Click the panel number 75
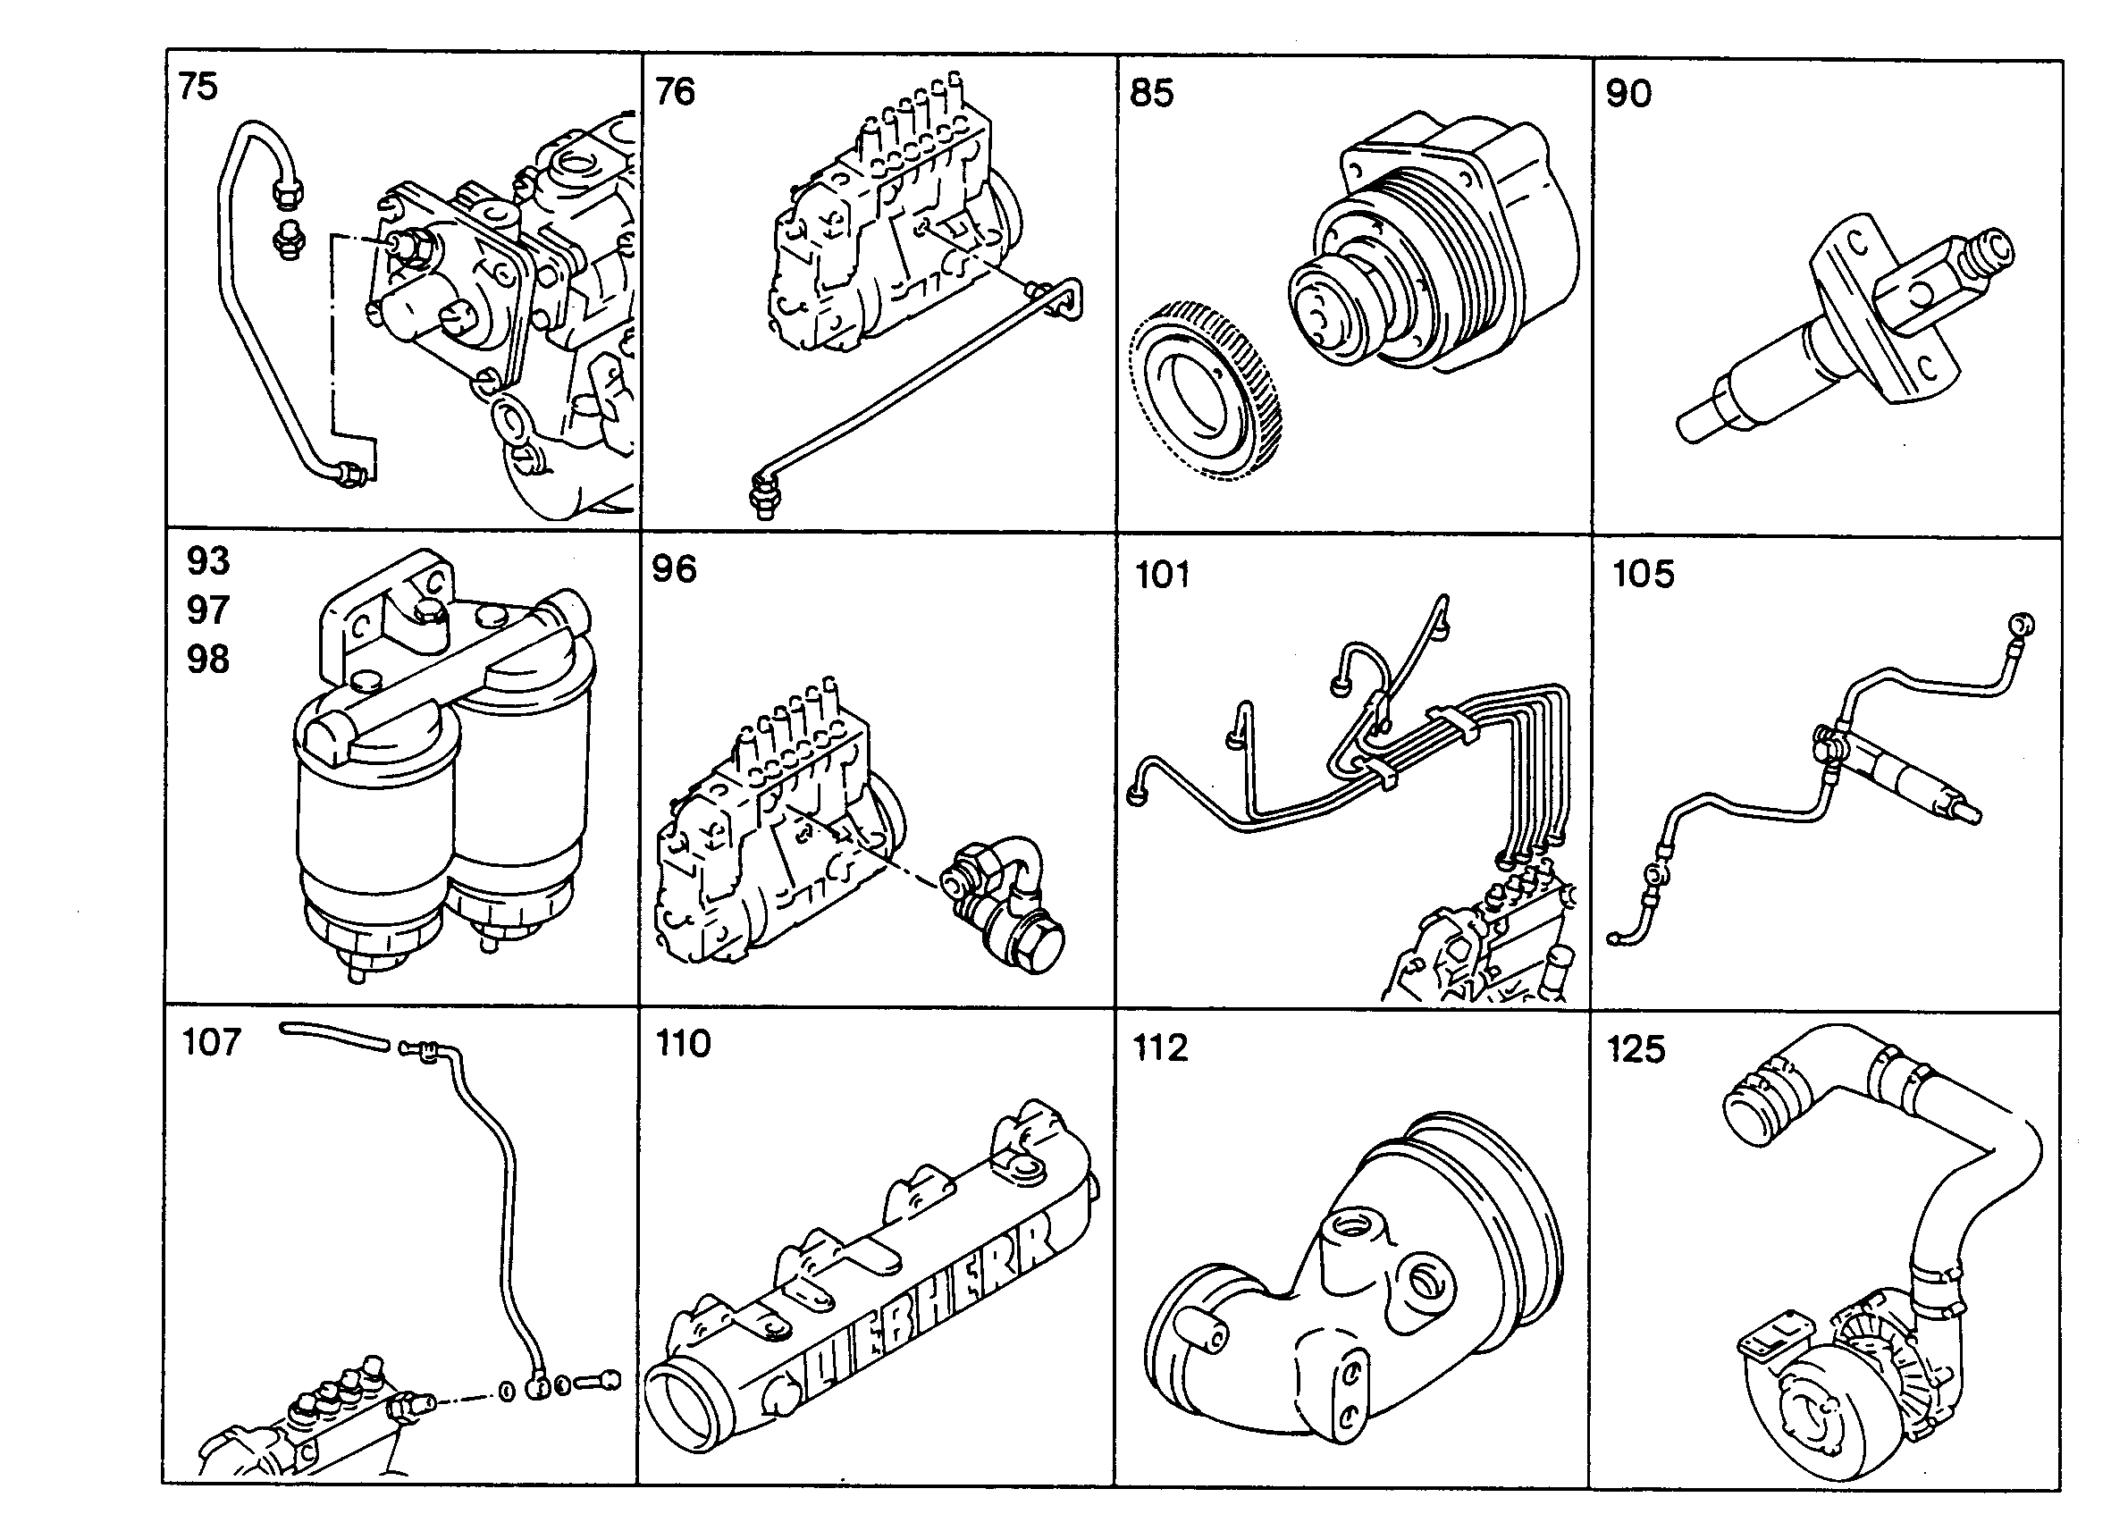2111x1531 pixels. point(198,86)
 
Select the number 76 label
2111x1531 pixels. point(675,91)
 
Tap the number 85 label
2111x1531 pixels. point(1151,93)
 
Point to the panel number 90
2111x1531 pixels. point(1629,93)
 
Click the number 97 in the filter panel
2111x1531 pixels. point(207,610)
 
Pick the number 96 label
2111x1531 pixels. point(674,568)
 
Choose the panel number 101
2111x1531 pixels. point(1163,575)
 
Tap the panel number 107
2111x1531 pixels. point(212,1041)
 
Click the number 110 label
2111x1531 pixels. point(683,1043)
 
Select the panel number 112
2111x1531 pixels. point(1160,1048)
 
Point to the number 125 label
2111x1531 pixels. point(1636,1049)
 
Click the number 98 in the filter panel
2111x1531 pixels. point(207,659)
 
